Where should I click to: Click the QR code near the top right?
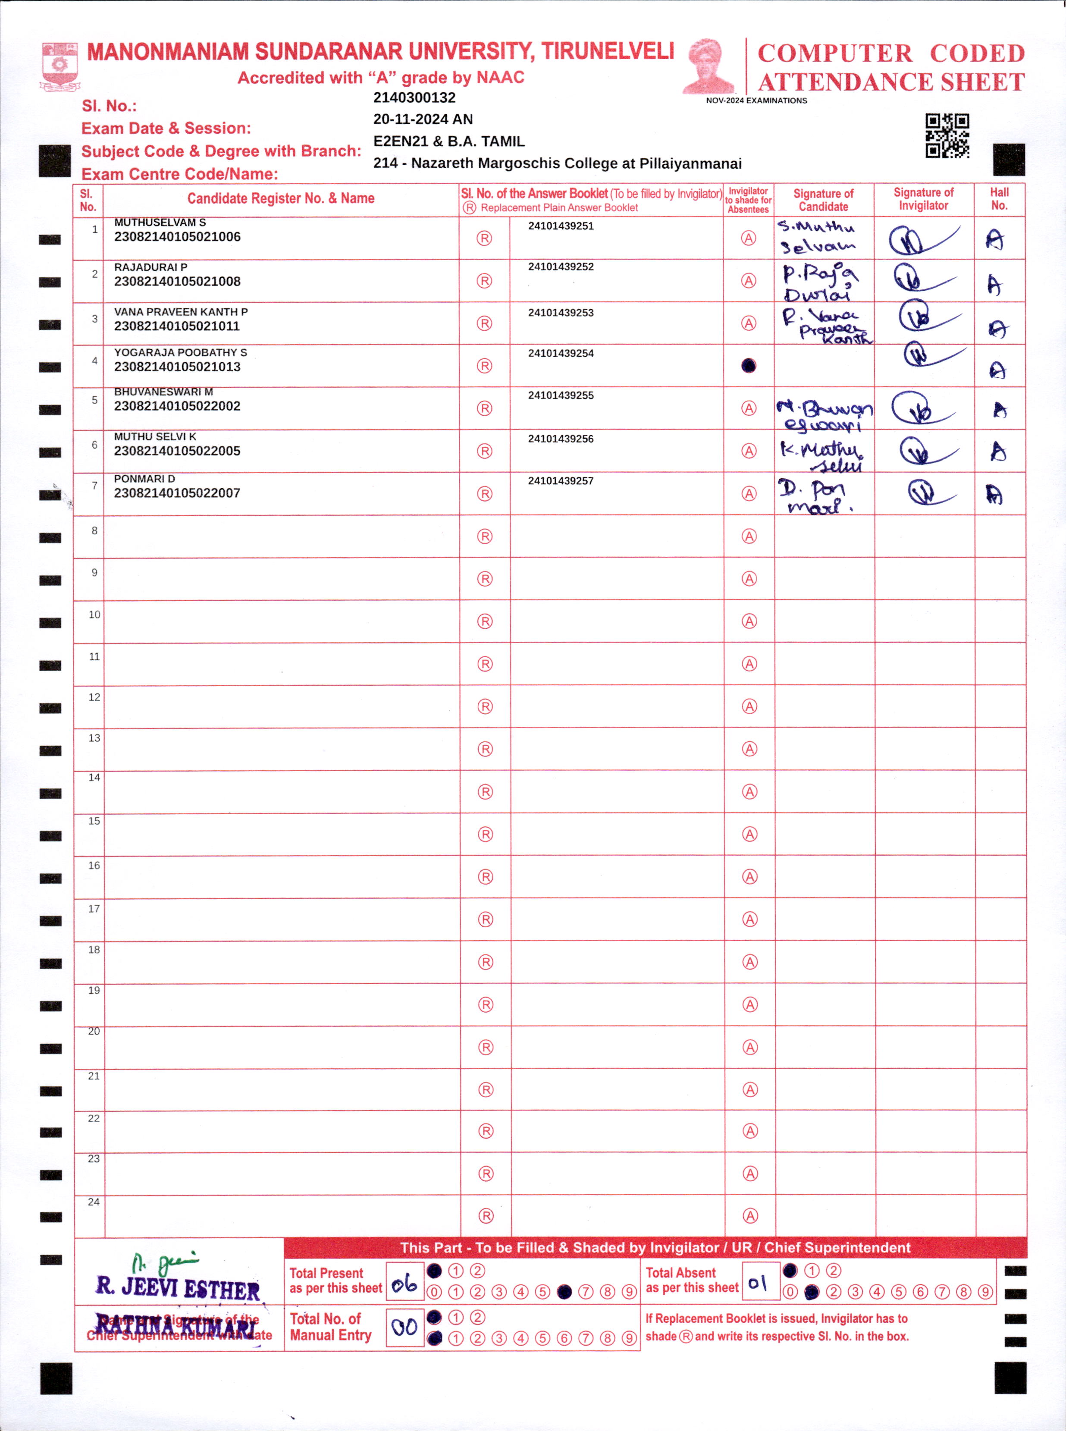[947, 135]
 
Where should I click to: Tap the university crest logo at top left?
[60, 66]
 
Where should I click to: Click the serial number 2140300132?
[414, 98]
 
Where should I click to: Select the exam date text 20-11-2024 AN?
[423, 119]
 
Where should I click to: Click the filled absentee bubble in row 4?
[749, 366]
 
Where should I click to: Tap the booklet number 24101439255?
[561, 395]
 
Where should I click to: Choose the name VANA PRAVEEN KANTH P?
[181, 312]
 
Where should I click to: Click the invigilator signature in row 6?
[925, 451]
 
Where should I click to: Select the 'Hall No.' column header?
[999, 199]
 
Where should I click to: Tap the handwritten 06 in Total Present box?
[404, 1285]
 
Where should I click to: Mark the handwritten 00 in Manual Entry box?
[404, 1327]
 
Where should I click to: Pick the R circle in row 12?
[485, 706]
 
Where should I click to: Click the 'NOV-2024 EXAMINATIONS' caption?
[756, 100]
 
